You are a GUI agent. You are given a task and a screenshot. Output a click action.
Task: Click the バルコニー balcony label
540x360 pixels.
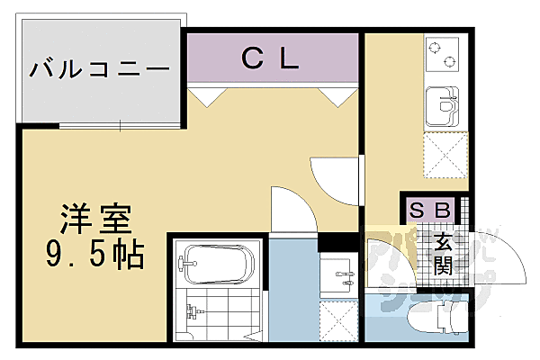[x=99, y=67]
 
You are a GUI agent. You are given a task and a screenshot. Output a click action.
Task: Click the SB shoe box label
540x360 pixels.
[x=430, y=210]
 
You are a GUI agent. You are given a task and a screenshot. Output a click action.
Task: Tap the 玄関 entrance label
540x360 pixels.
[x=444, y=253]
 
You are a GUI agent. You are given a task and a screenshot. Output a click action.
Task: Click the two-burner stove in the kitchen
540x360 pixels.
[x=441, y=56]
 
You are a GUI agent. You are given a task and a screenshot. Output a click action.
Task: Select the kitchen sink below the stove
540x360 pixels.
[x=441, y=106]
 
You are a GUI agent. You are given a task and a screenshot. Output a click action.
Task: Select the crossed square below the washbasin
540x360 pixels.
[x=339, y=320]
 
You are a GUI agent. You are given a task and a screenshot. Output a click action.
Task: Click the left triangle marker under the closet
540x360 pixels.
[x=202, y=97]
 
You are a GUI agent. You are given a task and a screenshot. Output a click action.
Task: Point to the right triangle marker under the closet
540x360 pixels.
[x=341, y=97]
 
